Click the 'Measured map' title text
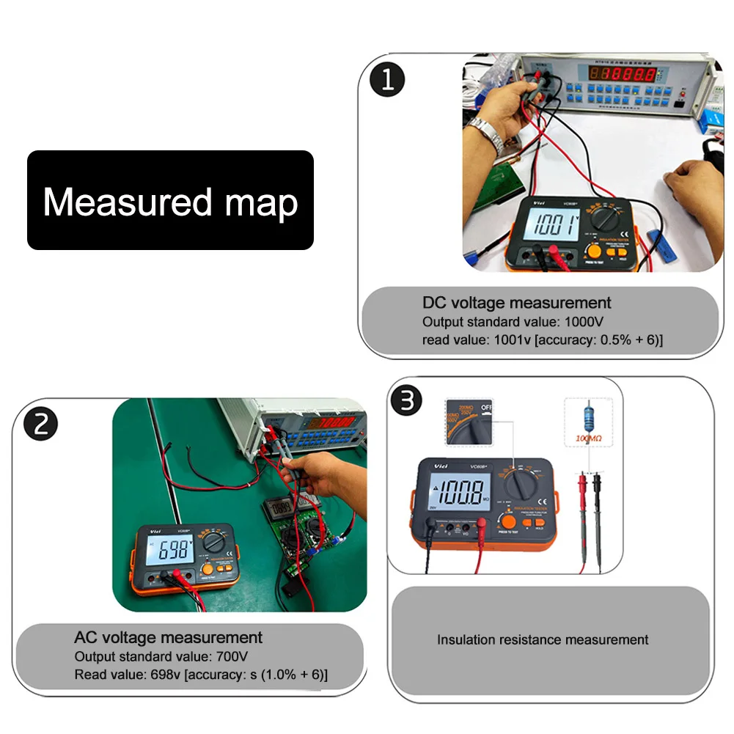170,201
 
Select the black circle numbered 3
407,402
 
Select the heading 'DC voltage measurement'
516,302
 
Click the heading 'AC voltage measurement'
168,636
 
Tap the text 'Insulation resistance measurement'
543,639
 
